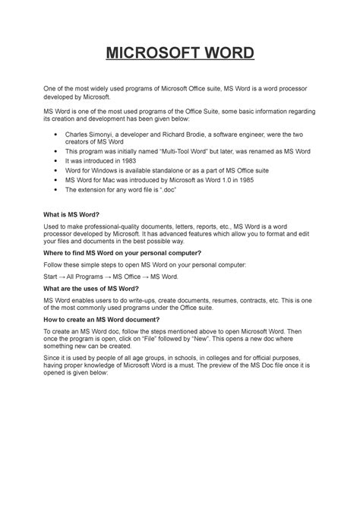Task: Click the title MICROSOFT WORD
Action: (x=179, y=54)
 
